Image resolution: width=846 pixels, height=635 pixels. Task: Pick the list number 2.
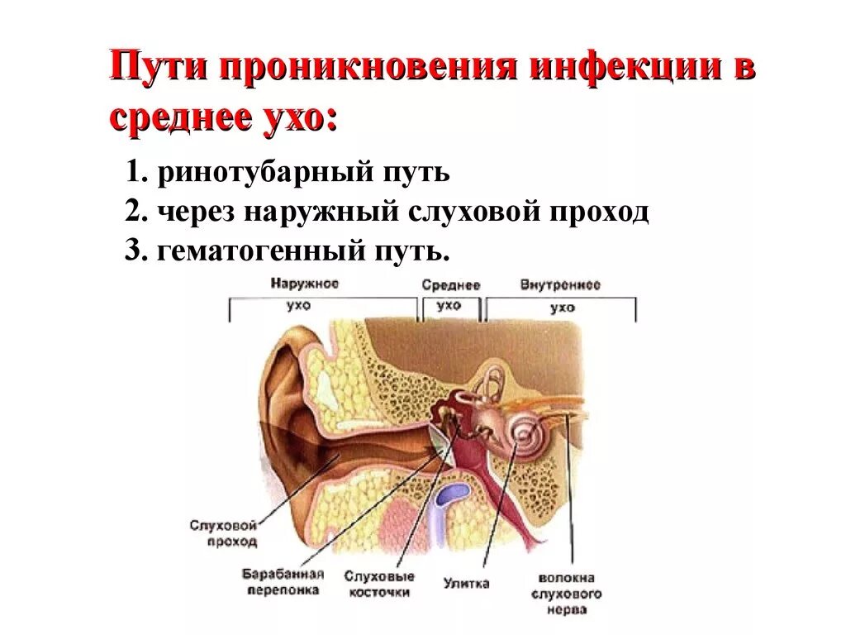click(x=135, y=212)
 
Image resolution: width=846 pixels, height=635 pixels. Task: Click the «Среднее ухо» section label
click(x=450, y=295)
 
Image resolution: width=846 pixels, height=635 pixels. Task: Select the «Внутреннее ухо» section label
click(x=560, y=295)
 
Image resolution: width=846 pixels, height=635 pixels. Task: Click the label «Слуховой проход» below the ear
click(x=223, y=533)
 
